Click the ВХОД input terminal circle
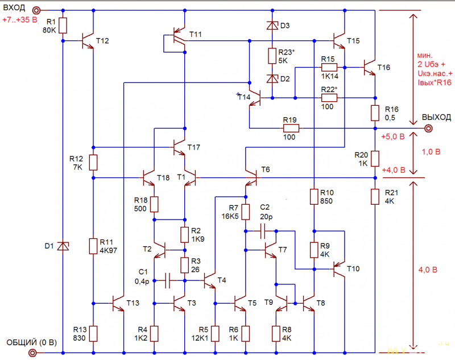click(36, 10)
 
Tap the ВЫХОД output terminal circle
click(428, 128)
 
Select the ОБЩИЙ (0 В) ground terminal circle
click(32, 353)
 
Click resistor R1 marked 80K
click(63, 26)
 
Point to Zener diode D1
click(63, 246)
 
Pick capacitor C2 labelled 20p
click(263, 231)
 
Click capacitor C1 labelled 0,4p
click(167, 280)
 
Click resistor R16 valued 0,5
click(375, 113)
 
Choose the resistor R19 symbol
click(291, 128)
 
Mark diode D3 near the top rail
click(272, 26)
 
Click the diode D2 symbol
click(272, 79)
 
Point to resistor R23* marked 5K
click(272, 56)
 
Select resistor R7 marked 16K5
click(246, 212)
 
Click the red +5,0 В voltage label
click(393, 136)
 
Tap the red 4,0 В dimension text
click(428, 270)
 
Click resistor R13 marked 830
click(93, 334)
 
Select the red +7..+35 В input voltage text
click(20, 20)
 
